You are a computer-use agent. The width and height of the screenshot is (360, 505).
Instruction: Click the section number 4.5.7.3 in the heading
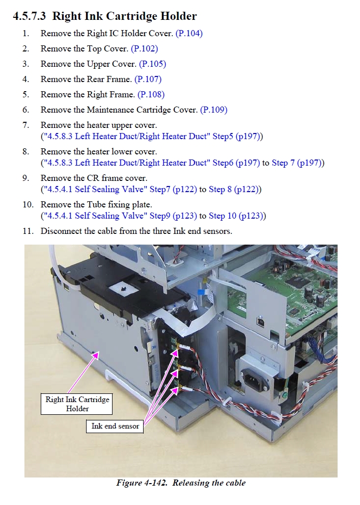coord(30,16)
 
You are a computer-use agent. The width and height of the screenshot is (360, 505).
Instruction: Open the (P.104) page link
coord(189,34)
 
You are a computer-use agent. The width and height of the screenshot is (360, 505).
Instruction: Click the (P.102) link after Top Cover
coord(145,48)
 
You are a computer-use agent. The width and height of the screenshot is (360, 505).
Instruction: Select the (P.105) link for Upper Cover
coord(152,64)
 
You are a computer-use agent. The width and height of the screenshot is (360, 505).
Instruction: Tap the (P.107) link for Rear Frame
coord(148,79)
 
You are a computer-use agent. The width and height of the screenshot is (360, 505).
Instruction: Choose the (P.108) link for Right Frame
coord(151,95)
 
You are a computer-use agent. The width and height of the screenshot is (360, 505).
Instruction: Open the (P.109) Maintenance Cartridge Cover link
coord(214,110)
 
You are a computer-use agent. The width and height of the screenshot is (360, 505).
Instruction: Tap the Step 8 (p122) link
coord(234,190)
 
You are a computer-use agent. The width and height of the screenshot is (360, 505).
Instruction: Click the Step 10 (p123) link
coord(236,216)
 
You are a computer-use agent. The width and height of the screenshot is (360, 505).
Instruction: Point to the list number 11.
coord(28,231)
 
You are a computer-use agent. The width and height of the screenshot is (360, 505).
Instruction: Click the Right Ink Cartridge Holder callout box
coord(76,404)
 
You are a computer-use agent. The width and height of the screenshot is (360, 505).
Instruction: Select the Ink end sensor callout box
coord(115,426)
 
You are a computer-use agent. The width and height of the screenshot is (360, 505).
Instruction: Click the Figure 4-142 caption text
coord(181,483)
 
